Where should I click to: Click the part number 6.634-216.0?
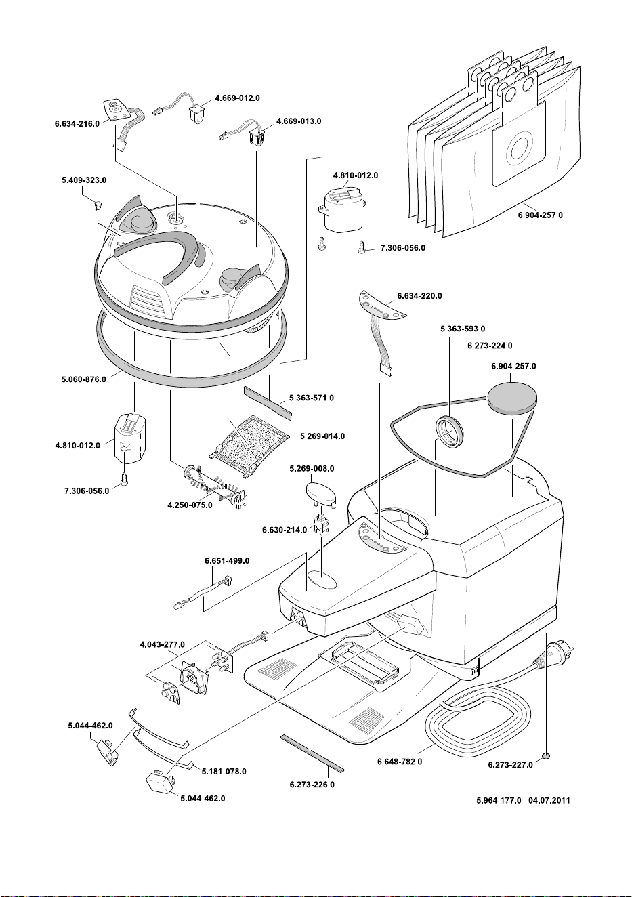[x=77, y=124]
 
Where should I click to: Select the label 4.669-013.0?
[x=298, y=121]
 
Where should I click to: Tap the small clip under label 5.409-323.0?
[x=98, y=205]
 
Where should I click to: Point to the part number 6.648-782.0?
[x=400, y=762]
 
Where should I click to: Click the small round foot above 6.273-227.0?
[x=546, y=755]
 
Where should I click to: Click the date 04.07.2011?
[x=549, y=800]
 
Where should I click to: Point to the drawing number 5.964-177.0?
[x=499, y=800]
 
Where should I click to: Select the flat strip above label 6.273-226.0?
[x=312, y=753]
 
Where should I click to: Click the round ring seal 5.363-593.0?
[x=449, y=432]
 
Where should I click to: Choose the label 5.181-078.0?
[x=224, y=771]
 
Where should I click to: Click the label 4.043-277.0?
[x=162, y=644]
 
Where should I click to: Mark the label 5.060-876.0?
[x=84, y=379]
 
